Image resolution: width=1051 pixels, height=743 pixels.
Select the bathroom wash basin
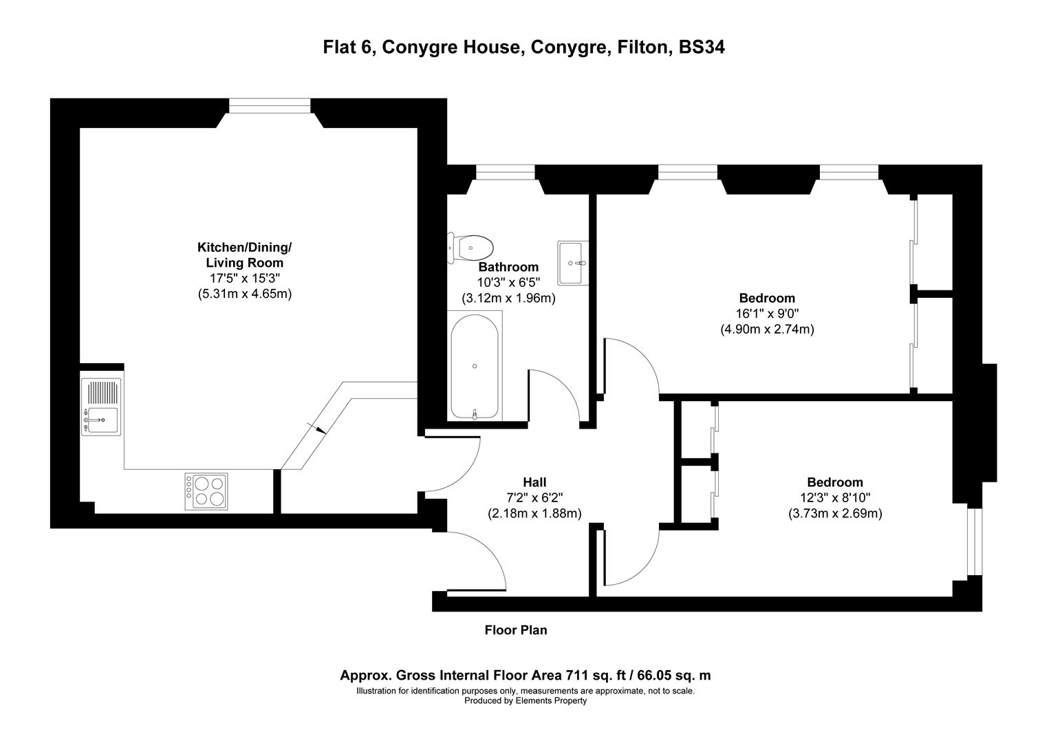click(x=572, y=262)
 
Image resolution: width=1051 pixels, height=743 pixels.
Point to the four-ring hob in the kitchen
click(x=206, y=491)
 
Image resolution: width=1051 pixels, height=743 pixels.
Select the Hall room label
click(x=534, y=482)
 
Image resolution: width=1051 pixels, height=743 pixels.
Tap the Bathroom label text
click(x=508, y=267)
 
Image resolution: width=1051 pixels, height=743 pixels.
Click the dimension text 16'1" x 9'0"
click(x=767, y=314)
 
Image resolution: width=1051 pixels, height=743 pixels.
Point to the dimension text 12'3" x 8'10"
click(x=835, y=498)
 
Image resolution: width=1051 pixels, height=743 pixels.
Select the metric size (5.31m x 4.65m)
click(x=244, y=294)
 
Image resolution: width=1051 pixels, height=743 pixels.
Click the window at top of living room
click(x=270, y=105)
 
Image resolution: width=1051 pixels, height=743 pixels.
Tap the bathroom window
click(x=506, y=172)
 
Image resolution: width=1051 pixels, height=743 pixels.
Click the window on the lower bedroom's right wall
click(x=974, y=541)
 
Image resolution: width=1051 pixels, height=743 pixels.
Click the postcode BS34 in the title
click(x=702, y=47)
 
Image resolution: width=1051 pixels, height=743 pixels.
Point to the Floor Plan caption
click(x=516, y=629)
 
